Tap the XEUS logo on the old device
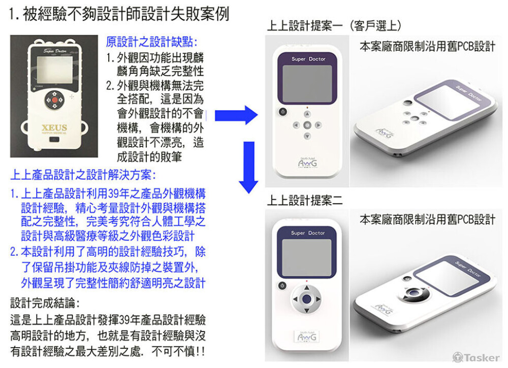click(54, 127)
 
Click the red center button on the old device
click(54, 99)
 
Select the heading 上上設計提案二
click(305, 200)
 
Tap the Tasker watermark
click(476, 357)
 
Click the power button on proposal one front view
click(283, 112)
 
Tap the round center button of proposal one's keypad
click(307, 124)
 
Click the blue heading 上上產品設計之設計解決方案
click(83, 176)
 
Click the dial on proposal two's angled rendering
click(418, 293)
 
